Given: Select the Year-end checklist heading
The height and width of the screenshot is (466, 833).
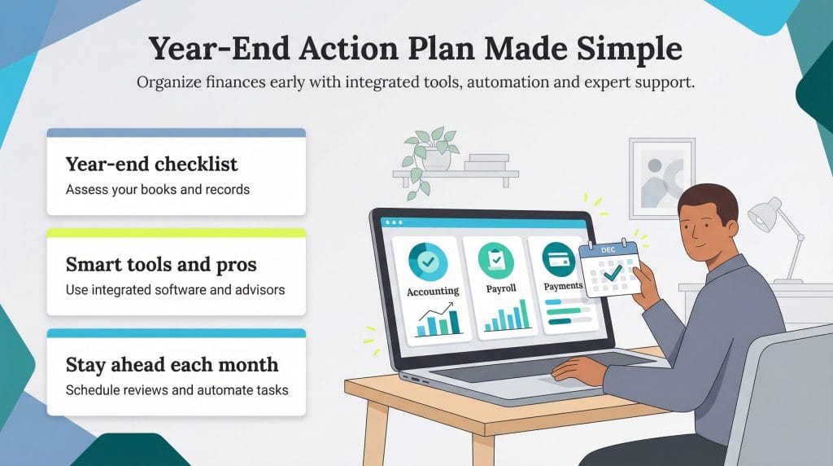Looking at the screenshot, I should [x=151, y=164].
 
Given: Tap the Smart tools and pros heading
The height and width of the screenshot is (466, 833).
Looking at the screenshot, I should [x=161, y=265].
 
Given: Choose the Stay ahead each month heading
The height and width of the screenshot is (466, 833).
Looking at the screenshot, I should [x=172, y=365].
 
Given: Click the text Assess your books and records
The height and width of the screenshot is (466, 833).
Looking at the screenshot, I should [x=157, y=190].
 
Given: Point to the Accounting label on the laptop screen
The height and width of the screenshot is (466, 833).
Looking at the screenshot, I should [x=432, y=291].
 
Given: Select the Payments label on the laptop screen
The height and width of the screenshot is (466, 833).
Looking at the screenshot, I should [x=563, y=286].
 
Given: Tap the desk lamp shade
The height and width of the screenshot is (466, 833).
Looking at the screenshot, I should [x=764, y=215].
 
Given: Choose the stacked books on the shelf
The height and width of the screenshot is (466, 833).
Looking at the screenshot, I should [x=486, y=163].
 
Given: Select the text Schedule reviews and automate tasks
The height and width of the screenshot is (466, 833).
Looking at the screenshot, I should [x=177, y=390].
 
